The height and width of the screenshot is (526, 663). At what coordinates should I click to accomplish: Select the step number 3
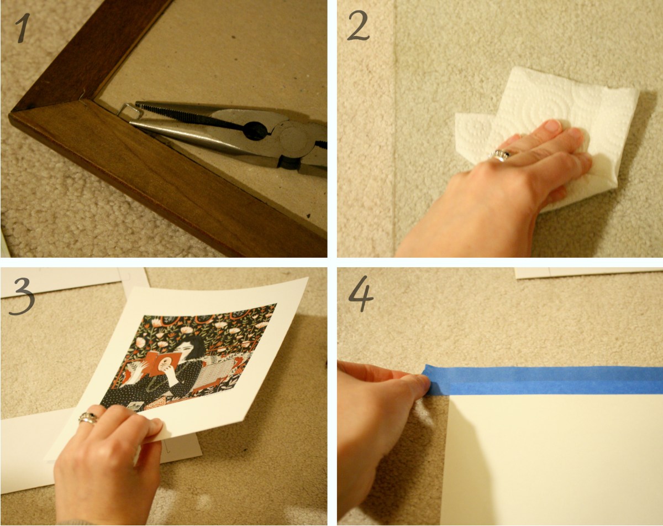22,296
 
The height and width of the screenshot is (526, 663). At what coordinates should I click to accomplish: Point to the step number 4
361,294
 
